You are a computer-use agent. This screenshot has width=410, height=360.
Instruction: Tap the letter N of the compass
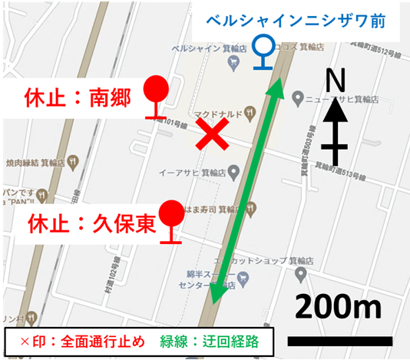click(334, 78)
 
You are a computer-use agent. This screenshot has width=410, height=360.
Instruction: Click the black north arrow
click(334, 130)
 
